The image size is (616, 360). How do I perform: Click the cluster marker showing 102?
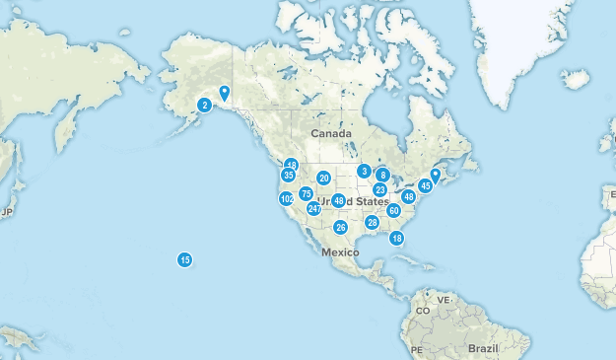coord(287,198)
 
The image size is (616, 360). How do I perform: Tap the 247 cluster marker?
coord(313,209)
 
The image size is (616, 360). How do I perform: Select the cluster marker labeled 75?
coord(307,194)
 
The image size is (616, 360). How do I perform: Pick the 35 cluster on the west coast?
coord(288,176)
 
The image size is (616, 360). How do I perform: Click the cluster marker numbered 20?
coord(323,179)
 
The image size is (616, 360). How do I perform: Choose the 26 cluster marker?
coord(341,228)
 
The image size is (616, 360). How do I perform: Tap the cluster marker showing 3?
coord(364,171)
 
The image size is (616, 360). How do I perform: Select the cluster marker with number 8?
coord(383,176)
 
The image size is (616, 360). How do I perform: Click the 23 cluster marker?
coord(379,189)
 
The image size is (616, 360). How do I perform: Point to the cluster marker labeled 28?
coord(372,223)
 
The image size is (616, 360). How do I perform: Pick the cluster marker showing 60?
coord(393,210)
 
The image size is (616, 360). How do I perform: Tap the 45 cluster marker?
coord(425,185)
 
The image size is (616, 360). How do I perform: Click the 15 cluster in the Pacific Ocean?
coord(184,260)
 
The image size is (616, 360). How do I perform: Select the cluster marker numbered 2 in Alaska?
coord(204,106)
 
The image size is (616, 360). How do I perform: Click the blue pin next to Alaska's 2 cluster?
coord(225,93)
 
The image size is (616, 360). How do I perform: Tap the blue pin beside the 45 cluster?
coord(435,176)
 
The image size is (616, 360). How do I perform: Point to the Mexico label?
coord(338,252)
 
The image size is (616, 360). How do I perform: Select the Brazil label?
coord(484,349)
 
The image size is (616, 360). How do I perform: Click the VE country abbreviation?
coord(444,300)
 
